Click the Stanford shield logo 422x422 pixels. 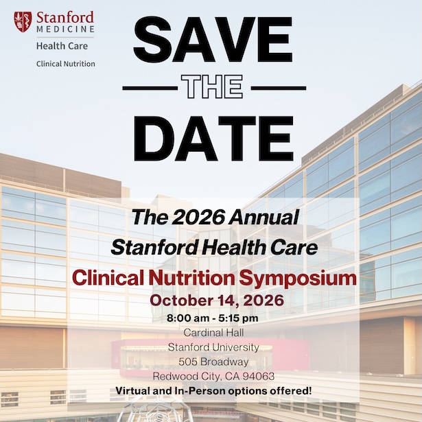coord(23,21)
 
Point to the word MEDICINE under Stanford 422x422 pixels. coord(66,29)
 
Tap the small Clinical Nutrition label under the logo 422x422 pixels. coord(66,64)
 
